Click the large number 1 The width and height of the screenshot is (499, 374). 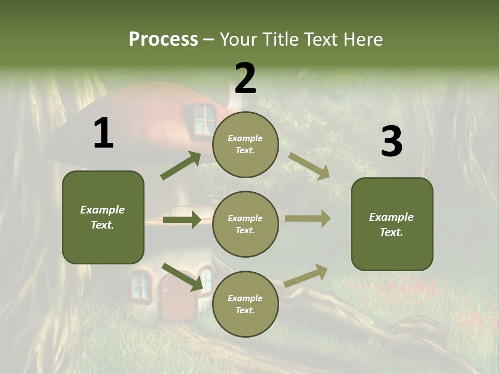click(103, 133)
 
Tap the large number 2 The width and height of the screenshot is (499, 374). click(245, 78)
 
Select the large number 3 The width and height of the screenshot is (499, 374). click(391, 142)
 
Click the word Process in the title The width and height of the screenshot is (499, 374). click(163, 39)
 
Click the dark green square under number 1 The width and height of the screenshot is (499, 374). click(103, 217)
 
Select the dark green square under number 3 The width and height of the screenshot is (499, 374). click(392, 224)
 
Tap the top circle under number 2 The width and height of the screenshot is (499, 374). click(245, 144)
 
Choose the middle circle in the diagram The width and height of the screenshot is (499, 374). click(245, 224)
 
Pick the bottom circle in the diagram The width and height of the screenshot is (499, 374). click(245, 304)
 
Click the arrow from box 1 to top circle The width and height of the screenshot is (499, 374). click(181, 166)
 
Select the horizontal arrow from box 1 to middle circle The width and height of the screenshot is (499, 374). click(182, 220)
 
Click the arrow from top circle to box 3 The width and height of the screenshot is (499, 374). click(309, 166)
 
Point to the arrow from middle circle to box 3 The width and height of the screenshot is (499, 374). click(308, 219)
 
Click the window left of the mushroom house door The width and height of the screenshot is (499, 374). click(140, 285)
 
